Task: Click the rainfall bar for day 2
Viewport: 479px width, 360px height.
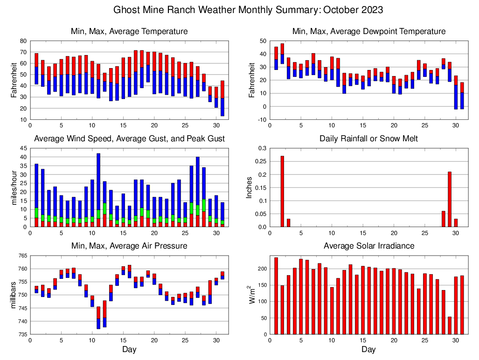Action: click(x=282, y=191)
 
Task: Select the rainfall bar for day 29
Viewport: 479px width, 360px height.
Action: click(x=450, y=199)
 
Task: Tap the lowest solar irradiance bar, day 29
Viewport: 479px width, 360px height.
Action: click(x=450, y=325)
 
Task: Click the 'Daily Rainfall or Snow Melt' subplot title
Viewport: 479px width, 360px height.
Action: click(x=368, y=138)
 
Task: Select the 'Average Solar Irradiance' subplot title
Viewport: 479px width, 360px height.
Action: click(x=368, y=245)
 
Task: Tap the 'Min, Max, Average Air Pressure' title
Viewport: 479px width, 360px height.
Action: click(x=129, y=245)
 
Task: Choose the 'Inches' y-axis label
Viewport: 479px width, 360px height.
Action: click(x=250, y=187)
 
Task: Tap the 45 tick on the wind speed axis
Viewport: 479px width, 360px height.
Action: click(x=23, y=148)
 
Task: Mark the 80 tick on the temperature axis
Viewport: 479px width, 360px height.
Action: click(x=23, y=41)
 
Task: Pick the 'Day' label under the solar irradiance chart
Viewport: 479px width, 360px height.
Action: click(x=368, y=349)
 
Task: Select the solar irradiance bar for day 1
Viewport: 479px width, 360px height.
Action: click(x=276, y=296)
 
